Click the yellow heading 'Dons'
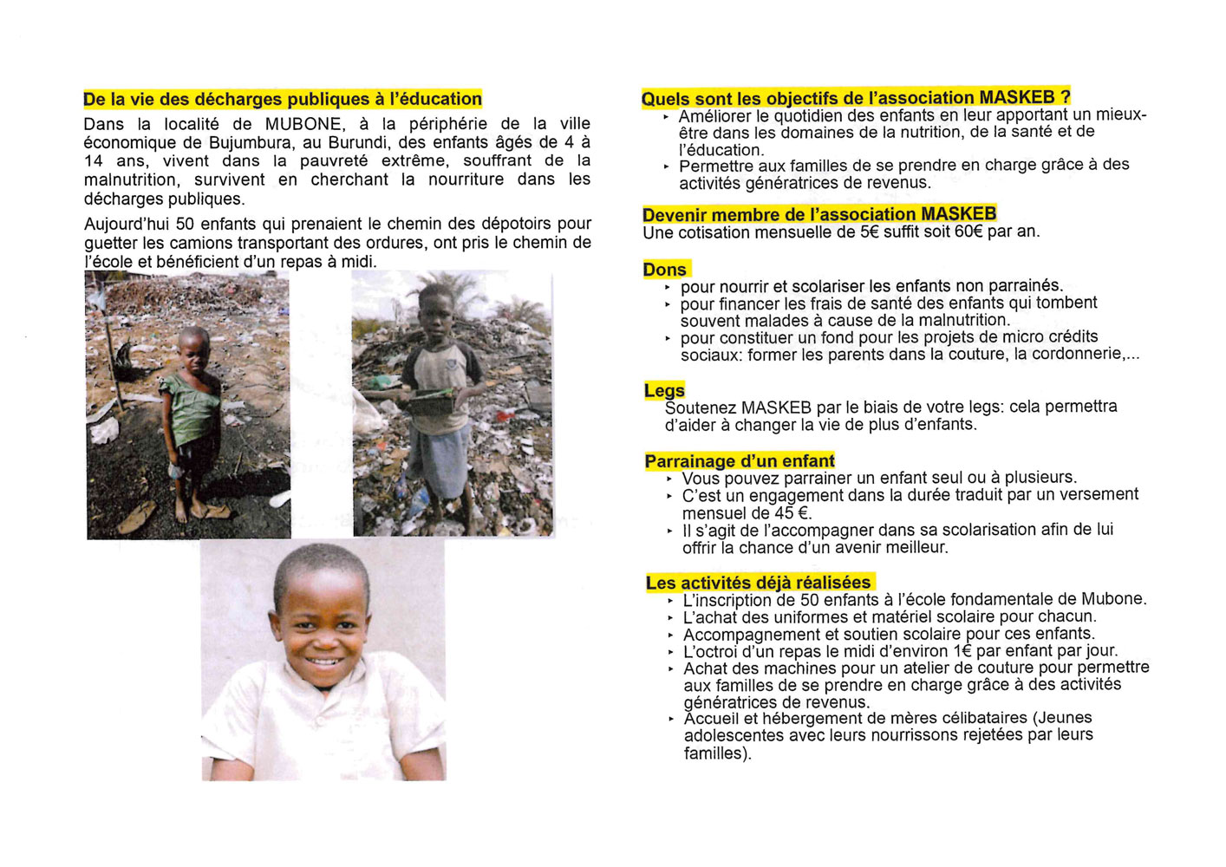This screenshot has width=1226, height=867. click(665, 270)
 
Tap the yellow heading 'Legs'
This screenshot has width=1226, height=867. click(664, 391)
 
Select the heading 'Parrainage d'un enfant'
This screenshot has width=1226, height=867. click(740, 461)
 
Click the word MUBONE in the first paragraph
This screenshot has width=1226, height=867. click(303, 124)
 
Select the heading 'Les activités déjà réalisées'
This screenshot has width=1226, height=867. click(759, 583)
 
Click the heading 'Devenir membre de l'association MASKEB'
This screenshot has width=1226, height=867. click(819, 214)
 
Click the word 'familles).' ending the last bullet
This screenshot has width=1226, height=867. click(718, 753)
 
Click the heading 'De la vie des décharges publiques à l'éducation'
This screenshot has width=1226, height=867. click(283, 99)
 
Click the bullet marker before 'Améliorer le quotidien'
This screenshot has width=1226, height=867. click(666, 117)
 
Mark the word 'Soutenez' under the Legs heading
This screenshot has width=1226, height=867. click(700, 407)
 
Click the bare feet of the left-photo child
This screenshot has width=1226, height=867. click(195, 512)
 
